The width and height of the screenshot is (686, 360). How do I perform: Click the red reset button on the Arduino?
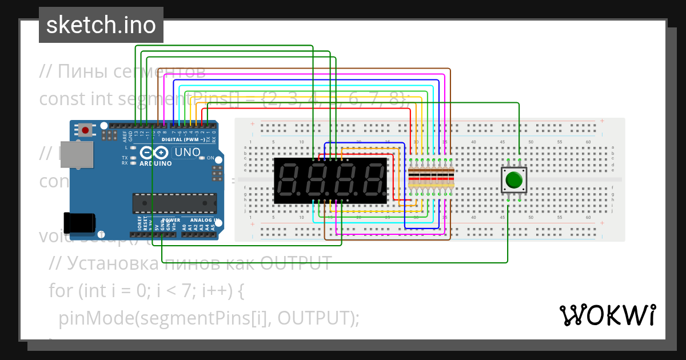(85, 130)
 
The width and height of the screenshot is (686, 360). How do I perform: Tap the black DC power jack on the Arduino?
(78, 222)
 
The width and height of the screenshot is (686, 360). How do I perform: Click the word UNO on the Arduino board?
(187, 153)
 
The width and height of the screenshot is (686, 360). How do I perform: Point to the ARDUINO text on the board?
(155, 163)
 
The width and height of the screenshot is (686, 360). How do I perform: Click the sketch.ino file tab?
(101, 25)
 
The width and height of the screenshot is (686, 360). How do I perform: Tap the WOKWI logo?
(607, 315)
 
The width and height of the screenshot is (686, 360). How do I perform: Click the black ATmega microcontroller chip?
(174, 202)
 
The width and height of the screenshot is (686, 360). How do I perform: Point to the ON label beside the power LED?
(210, 158)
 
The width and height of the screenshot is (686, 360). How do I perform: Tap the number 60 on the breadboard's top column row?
(588, 142)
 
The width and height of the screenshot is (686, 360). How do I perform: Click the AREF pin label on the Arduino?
(124, 136)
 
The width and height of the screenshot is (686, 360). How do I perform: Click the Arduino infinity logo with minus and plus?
(154, 153)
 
